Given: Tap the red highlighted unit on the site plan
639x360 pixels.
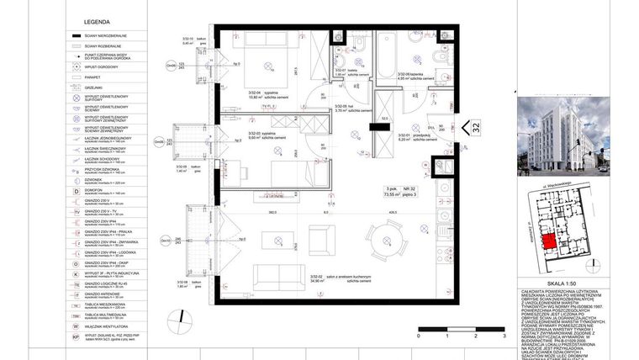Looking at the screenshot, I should point(547,242).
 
